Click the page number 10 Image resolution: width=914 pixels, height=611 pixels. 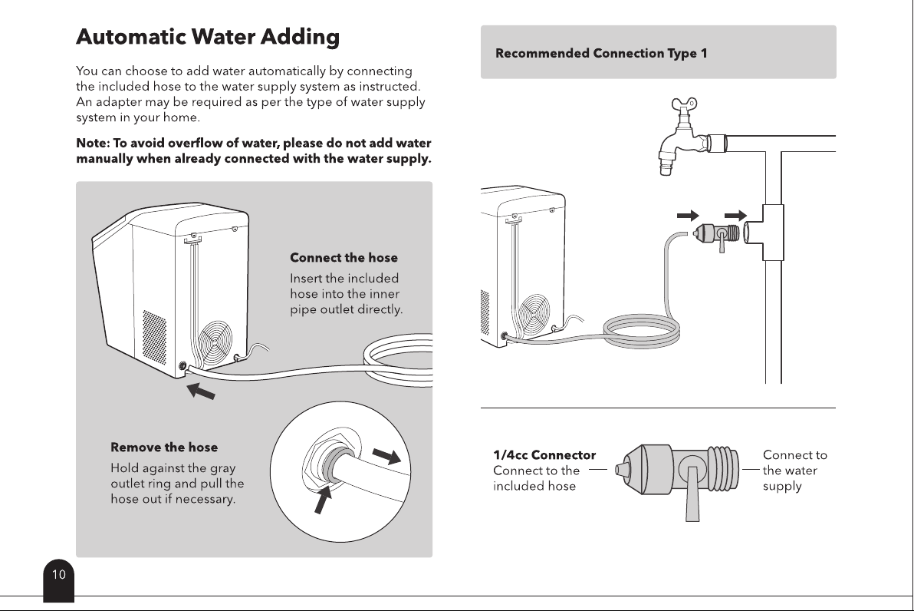point(59,575)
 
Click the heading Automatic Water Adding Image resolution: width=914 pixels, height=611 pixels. point(208,37)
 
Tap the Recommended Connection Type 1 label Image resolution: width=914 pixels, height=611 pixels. point(601,53)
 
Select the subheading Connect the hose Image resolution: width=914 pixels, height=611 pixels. point(344,257)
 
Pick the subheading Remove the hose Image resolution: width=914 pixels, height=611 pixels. point(164,447)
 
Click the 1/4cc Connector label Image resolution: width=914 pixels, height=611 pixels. point(544,454)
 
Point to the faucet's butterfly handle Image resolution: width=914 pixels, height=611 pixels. point(684,106)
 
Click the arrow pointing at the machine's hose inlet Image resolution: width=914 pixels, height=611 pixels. point(201,391)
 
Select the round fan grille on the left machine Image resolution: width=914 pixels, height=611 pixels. point(215,342)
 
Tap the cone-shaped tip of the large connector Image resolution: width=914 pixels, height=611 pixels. point(630,469)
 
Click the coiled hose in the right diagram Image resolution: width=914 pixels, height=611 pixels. point(641,330)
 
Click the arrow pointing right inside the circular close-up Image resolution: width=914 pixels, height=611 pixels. point(386,455)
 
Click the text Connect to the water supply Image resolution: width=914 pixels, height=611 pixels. point(794,471)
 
